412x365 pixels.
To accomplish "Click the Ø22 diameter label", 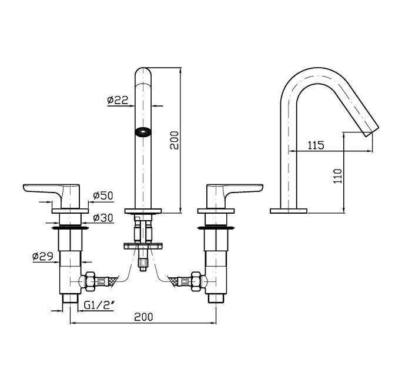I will click(118, 100).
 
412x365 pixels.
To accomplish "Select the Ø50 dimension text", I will click(103, 196).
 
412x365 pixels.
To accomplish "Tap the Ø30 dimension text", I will click(103, 218).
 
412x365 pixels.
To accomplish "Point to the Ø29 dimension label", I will click(43, 256).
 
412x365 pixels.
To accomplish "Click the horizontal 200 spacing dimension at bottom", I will click(143, 317).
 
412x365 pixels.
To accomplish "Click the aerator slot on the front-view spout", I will click(142, 132).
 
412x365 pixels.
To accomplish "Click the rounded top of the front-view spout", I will click(142, 74).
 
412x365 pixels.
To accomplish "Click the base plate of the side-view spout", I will click(288, 210).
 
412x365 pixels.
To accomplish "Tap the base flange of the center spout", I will click(142, 210).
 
